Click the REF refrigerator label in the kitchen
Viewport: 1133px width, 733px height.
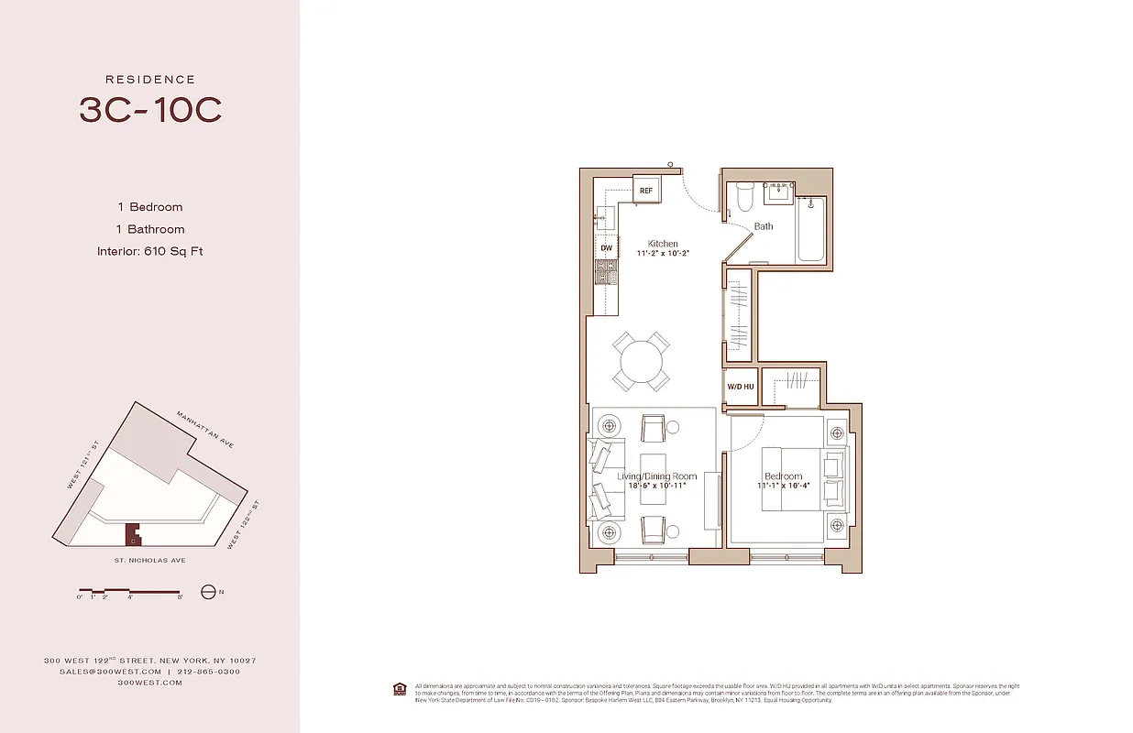coord(646,191)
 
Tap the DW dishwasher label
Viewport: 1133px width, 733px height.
coord(606,248)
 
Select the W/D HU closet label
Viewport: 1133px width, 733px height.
coord(741,387)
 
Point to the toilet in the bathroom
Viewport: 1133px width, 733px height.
coord(744,196)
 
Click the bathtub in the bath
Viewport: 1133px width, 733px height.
coord(812,230)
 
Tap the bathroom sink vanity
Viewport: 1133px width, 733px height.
coord(779,192)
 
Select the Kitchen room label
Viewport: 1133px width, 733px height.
coord(663,244)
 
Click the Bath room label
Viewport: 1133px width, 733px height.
coord(764,226)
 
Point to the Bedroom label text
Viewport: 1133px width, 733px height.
coord(783,476)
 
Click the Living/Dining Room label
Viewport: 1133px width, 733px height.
coord(656,476)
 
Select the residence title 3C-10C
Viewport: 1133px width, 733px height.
coord(150,111)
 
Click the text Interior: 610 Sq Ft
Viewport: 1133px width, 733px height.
coord(149,251)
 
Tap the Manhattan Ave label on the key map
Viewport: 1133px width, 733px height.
coord(205,430)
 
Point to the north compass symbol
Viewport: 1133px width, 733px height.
coord(208,592)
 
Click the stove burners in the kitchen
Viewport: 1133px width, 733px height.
coord(606,271)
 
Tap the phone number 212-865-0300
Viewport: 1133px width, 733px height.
coord(210,672)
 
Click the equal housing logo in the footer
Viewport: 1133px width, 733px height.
coord(399,687)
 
